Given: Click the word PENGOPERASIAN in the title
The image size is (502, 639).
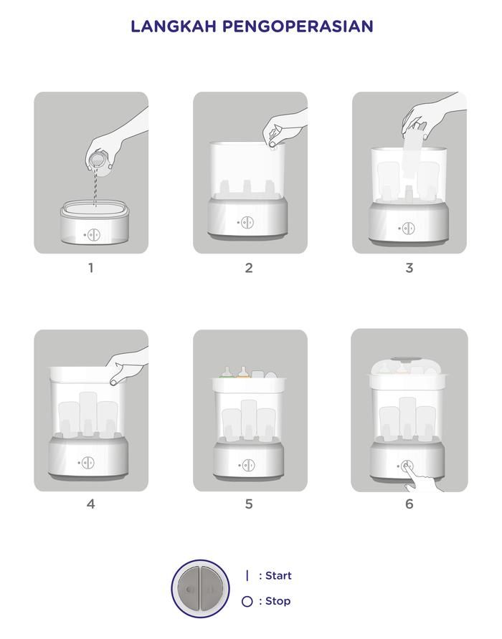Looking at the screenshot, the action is pos(298,27).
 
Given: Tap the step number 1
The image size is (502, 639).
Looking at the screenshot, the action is pos(90,268).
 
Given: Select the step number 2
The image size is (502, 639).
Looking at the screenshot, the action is pos(249,268).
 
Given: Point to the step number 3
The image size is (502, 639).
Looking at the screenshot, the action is pos(409,268).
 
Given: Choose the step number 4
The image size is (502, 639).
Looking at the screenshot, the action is pos(90,504).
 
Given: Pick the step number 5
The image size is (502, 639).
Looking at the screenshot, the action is pos(249,504).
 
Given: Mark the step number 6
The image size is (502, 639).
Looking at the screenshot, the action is pos(409,504).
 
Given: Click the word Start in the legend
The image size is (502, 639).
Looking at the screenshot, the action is pos(278,575).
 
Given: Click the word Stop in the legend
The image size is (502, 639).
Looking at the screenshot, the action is pos(278,601).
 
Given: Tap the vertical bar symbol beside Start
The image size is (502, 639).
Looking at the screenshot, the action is pos(247,575).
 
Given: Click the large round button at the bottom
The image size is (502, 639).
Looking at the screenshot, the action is pos(200,588).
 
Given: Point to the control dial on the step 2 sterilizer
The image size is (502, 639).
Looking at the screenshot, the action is pos(247,223).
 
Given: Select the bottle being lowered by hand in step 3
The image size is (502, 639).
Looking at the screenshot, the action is pos(413,152).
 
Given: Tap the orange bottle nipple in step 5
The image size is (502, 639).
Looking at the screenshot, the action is pos(244,372).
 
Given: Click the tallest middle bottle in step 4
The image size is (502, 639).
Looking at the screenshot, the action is pos(88,413).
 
